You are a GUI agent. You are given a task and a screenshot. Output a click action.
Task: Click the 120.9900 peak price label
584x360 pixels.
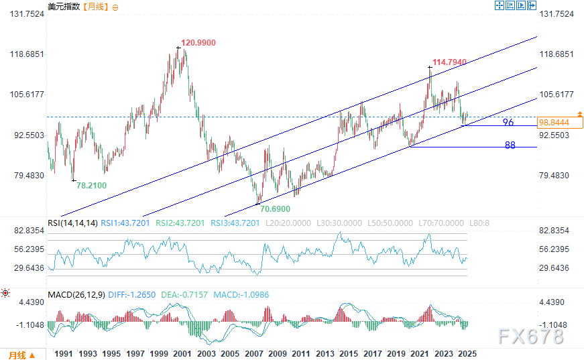tap(198, 42)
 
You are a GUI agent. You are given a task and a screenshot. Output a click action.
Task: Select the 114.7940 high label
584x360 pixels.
tap(449, 62)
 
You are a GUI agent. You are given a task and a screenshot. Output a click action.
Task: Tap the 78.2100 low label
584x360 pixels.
tap(91, 184)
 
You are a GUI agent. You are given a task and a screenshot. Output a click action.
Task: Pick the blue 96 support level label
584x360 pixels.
tap(508, 123)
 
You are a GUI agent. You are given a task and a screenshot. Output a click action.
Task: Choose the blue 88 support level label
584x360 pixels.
tap(510, 145)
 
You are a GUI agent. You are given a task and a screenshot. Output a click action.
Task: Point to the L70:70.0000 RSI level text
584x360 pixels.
tap(439, 223)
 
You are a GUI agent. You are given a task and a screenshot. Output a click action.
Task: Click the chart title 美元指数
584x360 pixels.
tap(64, 7)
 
